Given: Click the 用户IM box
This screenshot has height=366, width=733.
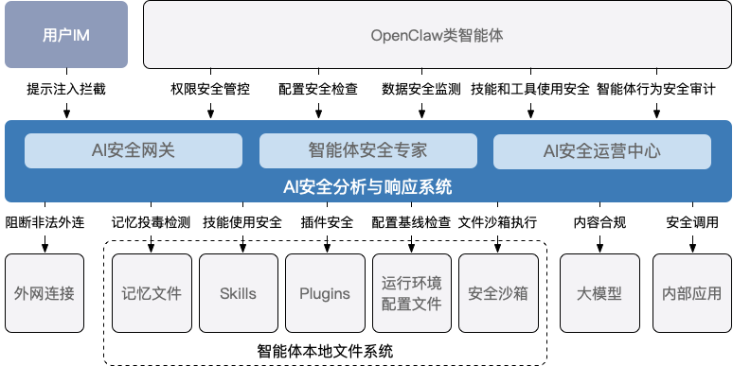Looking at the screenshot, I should coord(66,35).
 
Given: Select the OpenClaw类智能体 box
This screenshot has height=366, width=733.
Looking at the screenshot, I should coord(437,35).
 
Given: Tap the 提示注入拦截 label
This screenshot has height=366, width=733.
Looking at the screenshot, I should coord(66,90).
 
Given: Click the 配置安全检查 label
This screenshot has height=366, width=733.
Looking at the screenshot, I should coord(317,90).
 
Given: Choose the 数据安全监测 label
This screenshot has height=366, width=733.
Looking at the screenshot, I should coord(421,90).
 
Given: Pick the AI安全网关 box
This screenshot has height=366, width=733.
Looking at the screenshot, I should coord(133,149).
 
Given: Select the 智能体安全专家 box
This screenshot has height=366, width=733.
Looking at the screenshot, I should coord(367,149).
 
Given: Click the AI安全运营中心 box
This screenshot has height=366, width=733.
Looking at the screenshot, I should coord(601,149).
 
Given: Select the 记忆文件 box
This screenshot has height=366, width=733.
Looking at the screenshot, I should coord(152,293).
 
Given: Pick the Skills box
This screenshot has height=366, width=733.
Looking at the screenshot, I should coord(238,293).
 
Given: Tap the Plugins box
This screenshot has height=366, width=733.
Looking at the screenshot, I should coord(325,293).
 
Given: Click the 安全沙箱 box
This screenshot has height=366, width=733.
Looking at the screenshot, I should coord(497,293).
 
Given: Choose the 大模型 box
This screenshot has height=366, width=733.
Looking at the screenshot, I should coord(599,293).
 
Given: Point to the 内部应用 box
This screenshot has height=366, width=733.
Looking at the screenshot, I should coord(690,293).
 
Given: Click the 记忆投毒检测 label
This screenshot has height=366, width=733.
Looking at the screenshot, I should coord(151,223).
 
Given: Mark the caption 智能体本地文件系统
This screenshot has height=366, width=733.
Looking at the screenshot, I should coord(325,351).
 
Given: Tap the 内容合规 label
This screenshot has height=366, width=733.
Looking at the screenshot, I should coord(599,223).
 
